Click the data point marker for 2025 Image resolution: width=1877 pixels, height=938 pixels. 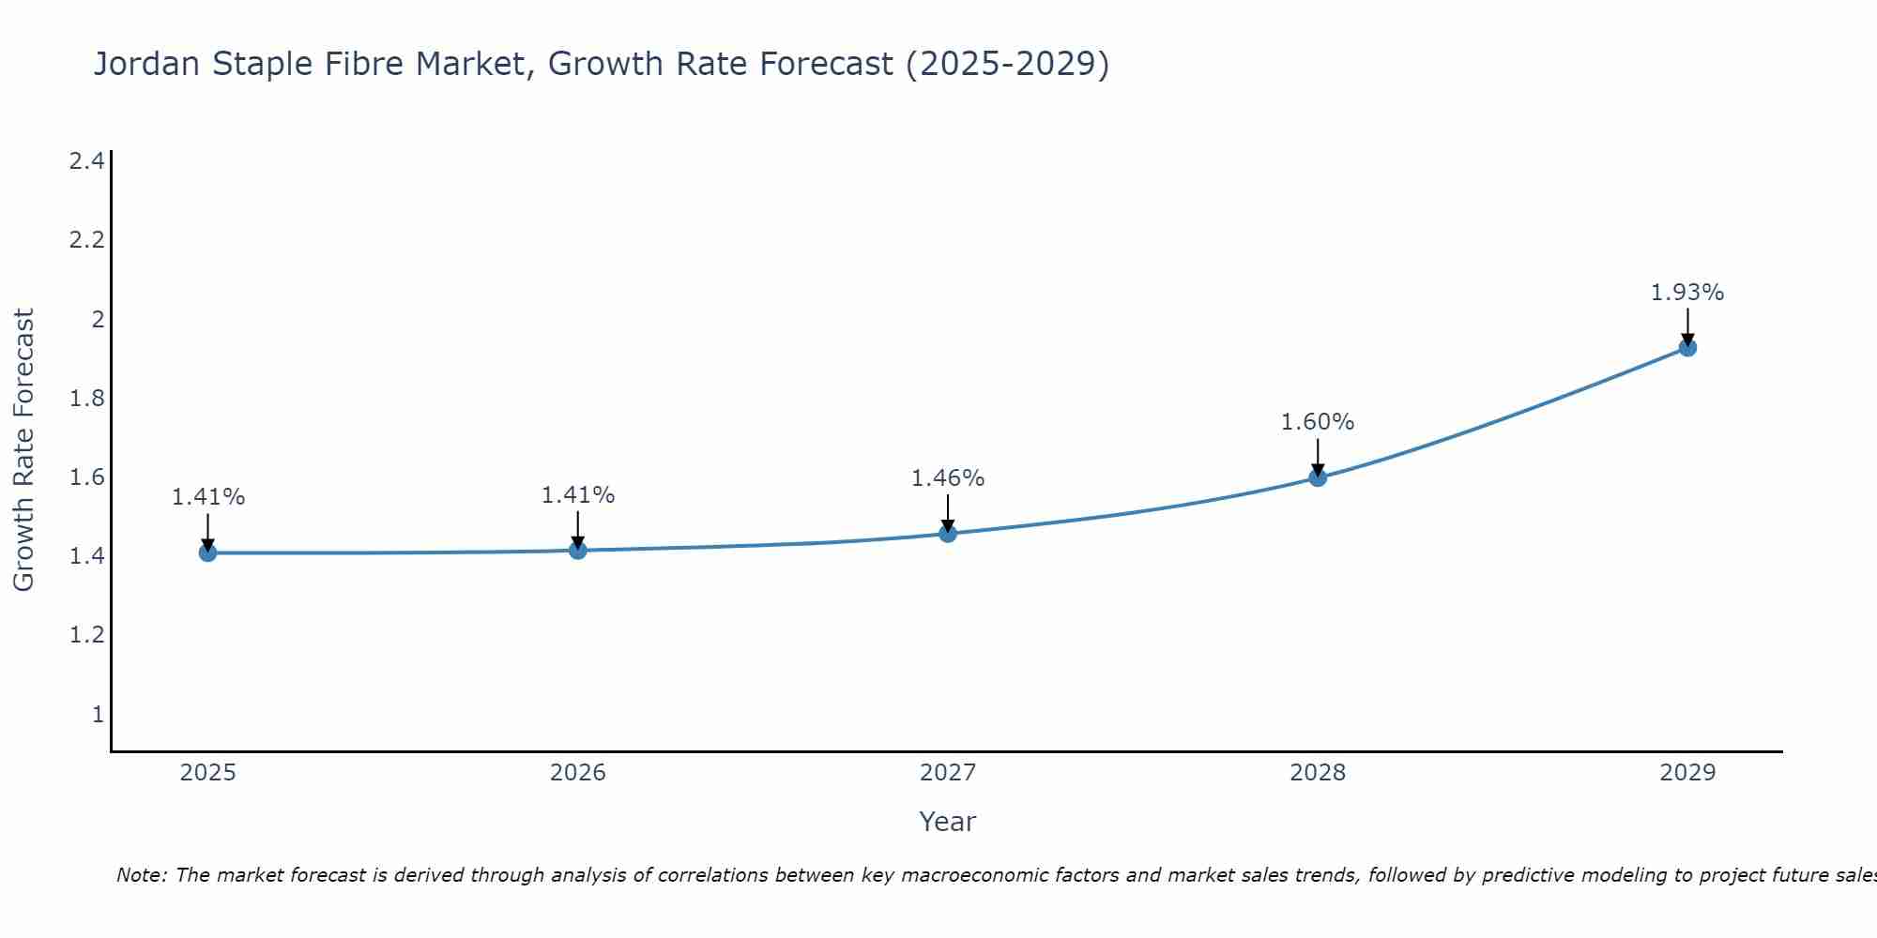[208, 552]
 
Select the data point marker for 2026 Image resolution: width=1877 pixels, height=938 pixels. [578, 550]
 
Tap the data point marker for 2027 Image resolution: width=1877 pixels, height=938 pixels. [948, 534]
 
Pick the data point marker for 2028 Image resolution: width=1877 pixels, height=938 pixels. [1318, 477]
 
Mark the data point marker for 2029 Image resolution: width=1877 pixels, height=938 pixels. [1687, 348]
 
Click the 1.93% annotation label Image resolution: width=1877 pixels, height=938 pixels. [1687, 293]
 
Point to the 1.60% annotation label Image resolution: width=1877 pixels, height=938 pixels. [1318, 422]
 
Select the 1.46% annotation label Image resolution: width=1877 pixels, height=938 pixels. [948, 478]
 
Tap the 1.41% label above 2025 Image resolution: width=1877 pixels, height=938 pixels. [208, 497]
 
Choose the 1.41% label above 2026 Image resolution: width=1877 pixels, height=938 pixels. [578, 495]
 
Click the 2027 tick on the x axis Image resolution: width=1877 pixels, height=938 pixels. [948, 773]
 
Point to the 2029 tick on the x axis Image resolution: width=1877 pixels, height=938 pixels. [1687, 773]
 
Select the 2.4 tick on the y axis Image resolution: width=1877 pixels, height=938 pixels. [86, 161]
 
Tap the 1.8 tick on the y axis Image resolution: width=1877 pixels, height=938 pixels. [86, 399]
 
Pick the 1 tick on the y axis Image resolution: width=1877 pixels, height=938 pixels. [98, 715]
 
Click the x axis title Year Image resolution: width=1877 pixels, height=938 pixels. [948, 822]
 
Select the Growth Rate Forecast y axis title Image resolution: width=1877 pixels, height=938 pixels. [23, 450]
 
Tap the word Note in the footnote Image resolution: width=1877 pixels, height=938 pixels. [141, 875]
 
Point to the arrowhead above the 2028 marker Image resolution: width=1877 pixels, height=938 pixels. [1318, 470]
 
